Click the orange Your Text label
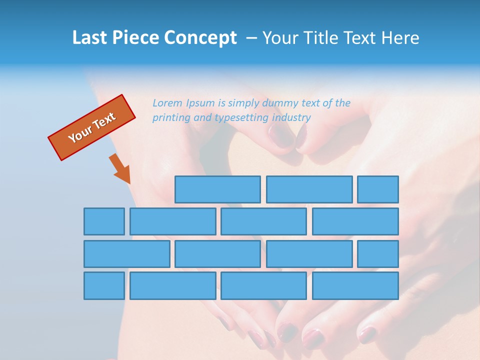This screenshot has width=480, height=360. pos(92,127)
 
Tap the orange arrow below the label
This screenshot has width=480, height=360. pos(120,169)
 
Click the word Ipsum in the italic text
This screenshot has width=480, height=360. pos(201,103)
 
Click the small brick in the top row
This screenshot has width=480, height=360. pos(377,189)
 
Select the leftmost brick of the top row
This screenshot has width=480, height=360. pos(217,189)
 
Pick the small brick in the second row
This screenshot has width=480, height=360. pos(104,221)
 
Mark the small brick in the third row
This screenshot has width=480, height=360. pos(377,254)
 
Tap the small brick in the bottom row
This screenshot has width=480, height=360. pos(104,286)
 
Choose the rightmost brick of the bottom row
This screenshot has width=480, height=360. pos(355,286)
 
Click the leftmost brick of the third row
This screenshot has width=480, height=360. pos(126,254)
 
